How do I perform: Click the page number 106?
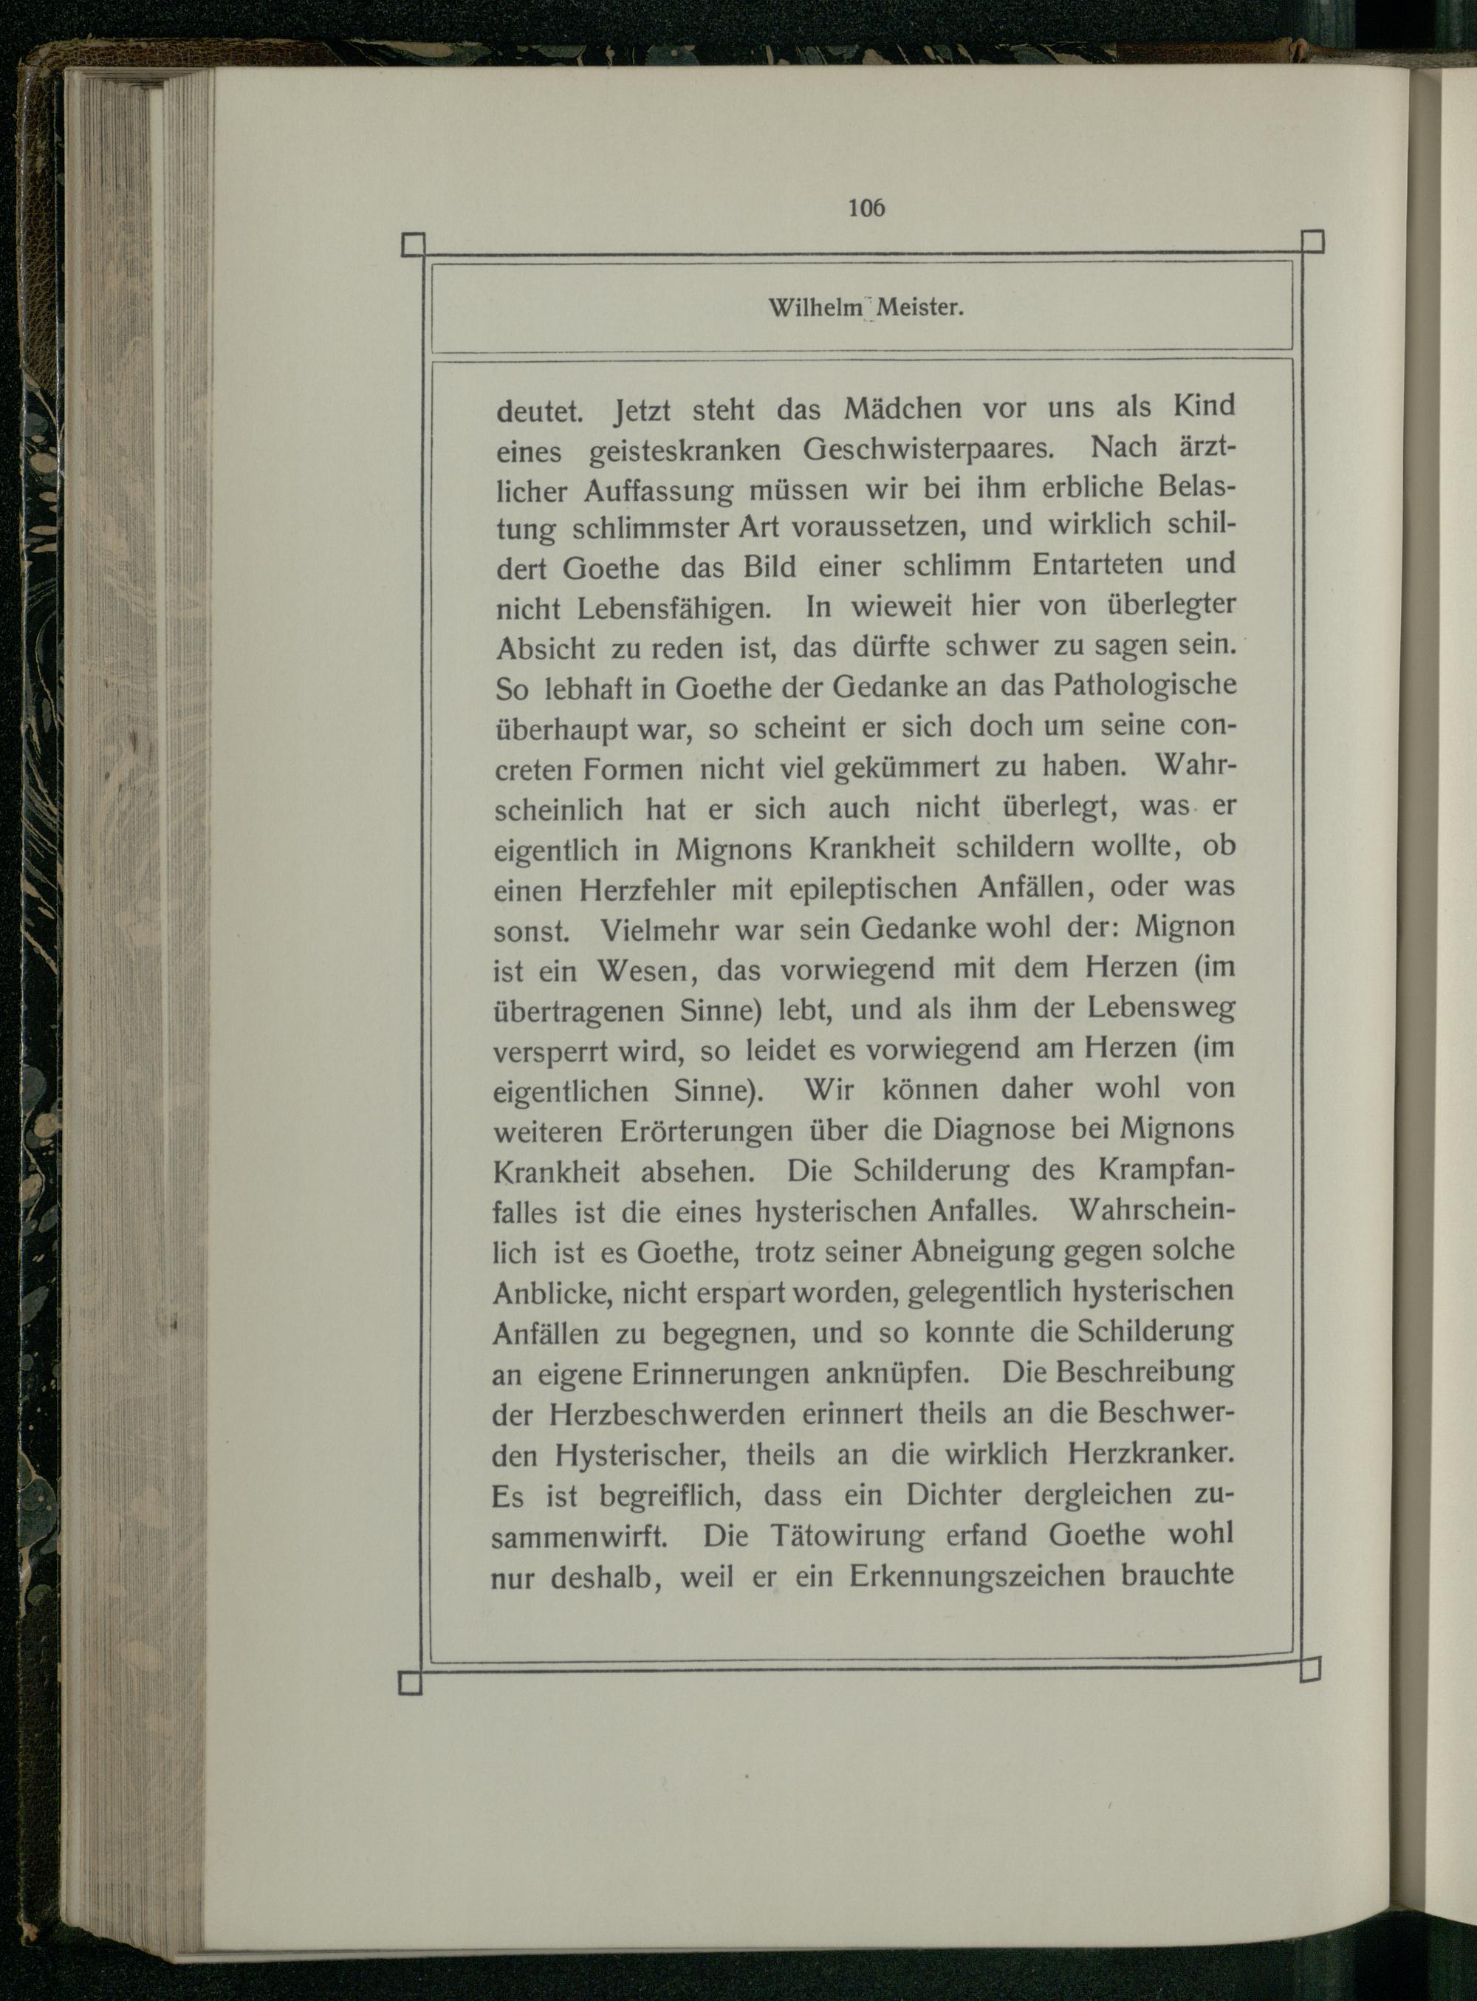[x=866, y=208]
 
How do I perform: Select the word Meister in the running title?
[x=918, y=309]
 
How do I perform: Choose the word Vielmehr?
[x=659, y=931]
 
